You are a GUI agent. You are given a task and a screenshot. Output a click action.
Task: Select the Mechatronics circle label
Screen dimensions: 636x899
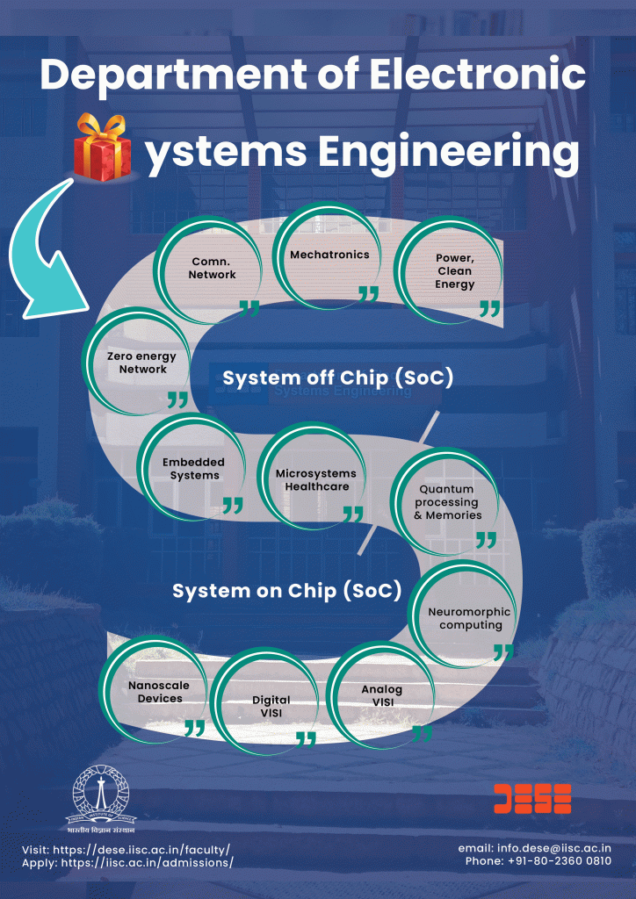click(x=329, y=255)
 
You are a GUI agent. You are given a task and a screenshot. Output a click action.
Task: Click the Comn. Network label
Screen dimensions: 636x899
click(x=213, y=269)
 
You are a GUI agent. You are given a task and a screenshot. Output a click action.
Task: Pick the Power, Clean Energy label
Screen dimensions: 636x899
click(x=455, y=271)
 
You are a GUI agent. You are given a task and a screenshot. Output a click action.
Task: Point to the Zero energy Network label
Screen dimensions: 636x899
click(x=141, y=363)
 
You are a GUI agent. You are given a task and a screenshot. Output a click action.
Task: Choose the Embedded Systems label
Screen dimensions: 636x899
click(x=194, y=469)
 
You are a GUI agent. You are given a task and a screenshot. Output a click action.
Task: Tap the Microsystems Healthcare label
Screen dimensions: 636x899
click(x=316, y=480)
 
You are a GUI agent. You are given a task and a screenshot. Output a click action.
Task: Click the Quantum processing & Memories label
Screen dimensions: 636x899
click(x=448, y=502)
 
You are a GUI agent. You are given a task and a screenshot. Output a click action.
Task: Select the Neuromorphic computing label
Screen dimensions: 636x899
click(x=470, y=619)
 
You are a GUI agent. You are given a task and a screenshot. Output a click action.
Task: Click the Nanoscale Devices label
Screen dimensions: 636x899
click(x=159, y=692)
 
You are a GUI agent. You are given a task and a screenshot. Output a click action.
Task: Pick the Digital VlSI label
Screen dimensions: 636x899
click(x=271, y=707)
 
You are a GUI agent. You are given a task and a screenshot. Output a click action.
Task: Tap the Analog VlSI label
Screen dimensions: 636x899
click(x=381, y=696)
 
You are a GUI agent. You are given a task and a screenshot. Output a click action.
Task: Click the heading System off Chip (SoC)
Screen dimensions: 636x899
click(x=338, y=378)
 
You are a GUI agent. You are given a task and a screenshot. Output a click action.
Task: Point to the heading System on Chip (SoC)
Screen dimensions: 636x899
click(x=286, y=591)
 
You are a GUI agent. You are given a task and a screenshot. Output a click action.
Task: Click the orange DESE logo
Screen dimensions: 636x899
click(x=532, y=799)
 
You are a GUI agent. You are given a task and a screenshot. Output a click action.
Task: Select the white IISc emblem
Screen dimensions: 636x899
click(x=101, y=802)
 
